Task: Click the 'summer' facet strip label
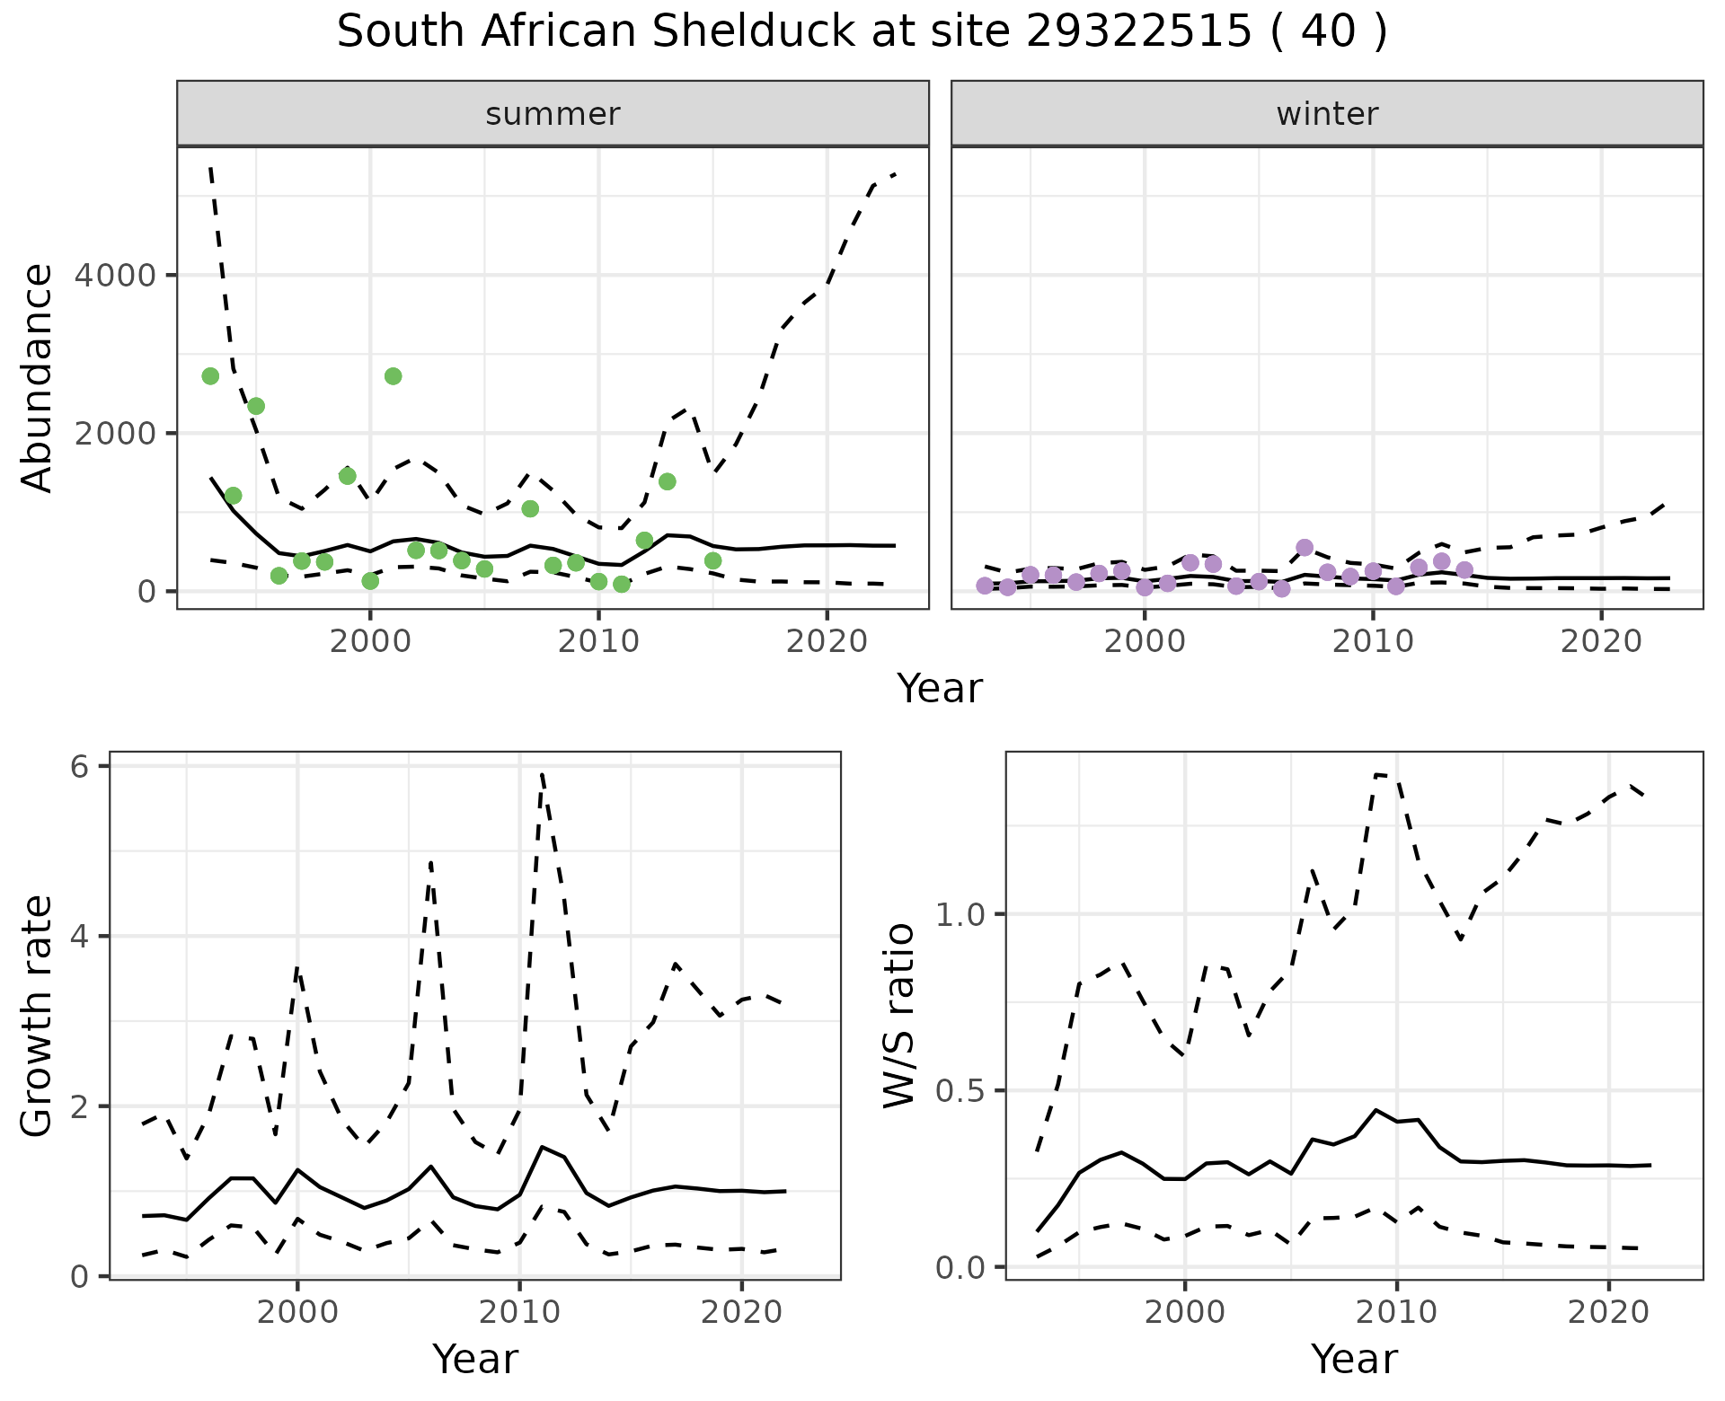coord(553,114)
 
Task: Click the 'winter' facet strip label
coord(1327,114)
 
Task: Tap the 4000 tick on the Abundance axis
coord(115,275)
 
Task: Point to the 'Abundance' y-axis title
coord(37,377)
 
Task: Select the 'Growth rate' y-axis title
coord(37,1017)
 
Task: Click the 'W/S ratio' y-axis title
coord(898,1016)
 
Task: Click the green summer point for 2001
coord(393,376)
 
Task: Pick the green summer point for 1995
coord(256,406)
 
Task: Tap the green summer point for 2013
coord(667,481)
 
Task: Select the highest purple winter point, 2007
coord(1305,548)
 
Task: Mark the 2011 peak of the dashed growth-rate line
coord(543,773)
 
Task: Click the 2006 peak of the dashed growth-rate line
coord(431,863)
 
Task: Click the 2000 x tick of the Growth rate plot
coord(297,1312)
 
